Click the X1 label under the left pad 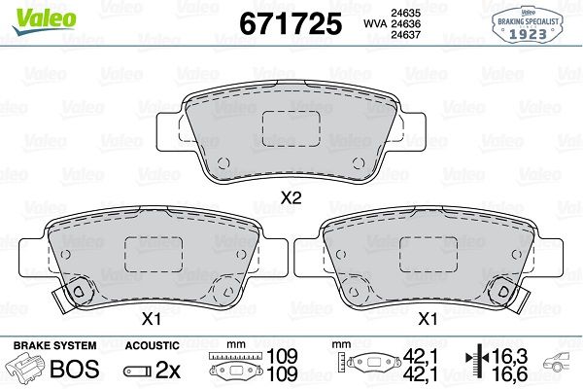(152, 318)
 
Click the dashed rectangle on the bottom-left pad (152, 255)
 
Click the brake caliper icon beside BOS (29, 369)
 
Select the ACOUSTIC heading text (153, 345)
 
